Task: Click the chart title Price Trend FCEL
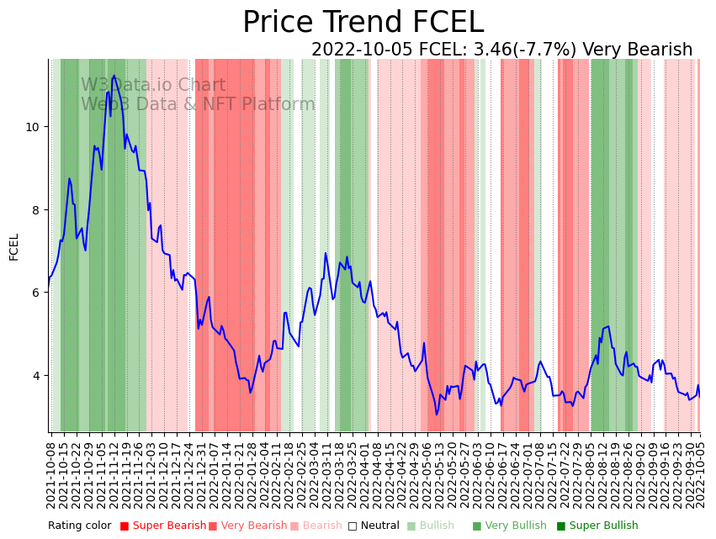363,23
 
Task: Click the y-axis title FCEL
14,246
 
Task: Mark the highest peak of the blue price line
114,76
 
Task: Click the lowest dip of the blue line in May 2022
437,415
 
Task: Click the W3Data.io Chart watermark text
153,86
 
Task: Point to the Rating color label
79,526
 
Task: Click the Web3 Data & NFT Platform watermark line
198,105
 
